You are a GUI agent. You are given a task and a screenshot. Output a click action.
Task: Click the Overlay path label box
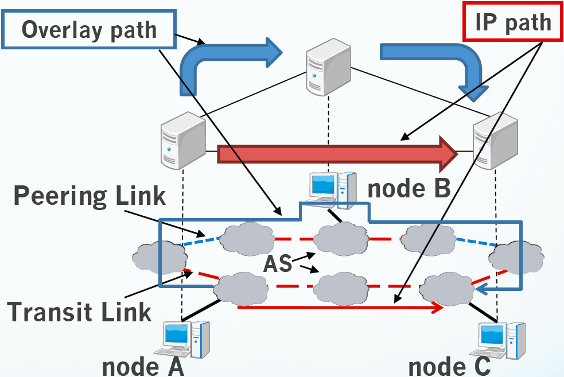(88, 29)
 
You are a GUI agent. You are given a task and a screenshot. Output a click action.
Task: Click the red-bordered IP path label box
(512, 23)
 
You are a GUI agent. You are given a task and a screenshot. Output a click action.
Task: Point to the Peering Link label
(90, 196)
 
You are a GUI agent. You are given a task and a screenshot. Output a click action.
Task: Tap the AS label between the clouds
(278, 265)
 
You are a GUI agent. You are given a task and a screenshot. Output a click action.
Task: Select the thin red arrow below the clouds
(341, 308)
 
